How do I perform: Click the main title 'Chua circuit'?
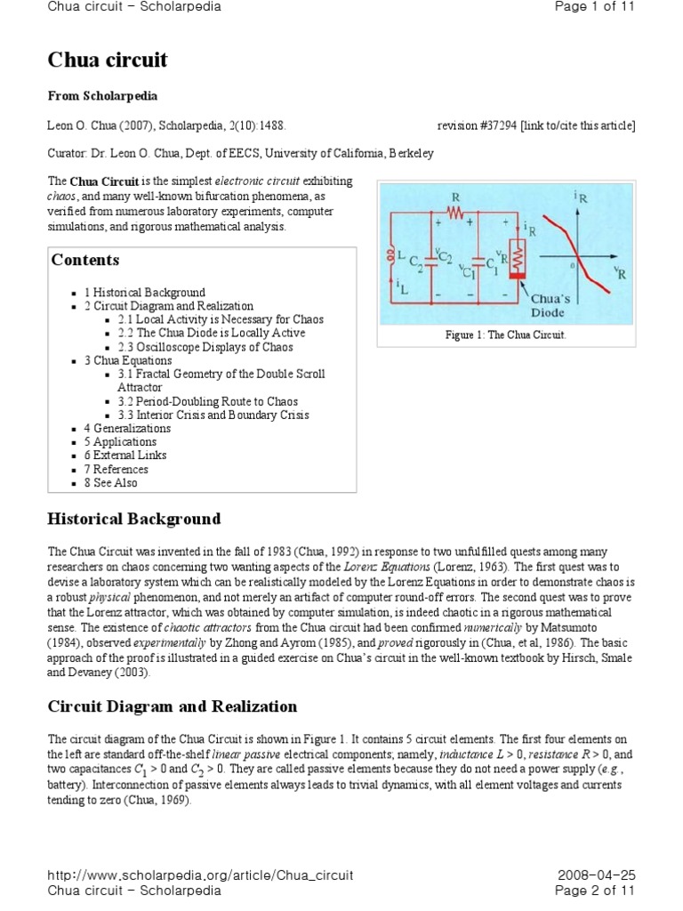pos(107,60)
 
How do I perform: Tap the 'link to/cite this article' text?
pos(582,125)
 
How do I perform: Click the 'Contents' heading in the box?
pos(85,261)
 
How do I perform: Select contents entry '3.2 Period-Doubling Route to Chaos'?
pos(207,401)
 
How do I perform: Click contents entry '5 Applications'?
pos(120,441)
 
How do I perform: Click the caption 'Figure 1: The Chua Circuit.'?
pos(505,335)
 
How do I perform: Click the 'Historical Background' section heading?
pos(133,519)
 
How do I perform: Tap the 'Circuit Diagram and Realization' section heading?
pos(172,706)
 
